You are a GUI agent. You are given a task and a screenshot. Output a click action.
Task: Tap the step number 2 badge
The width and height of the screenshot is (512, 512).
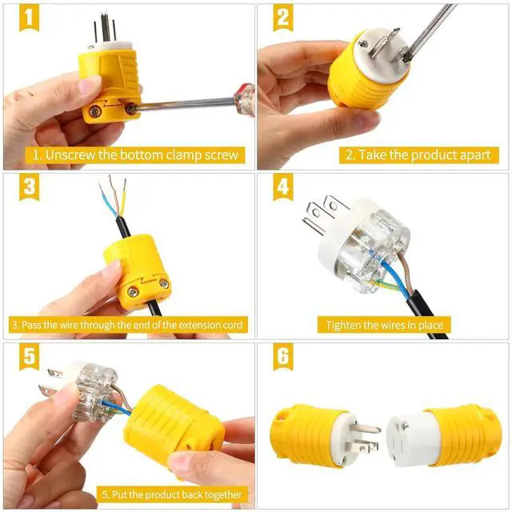tap(282, 18)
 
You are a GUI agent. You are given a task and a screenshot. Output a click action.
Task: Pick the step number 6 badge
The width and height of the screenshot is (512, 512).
tap(282, 358)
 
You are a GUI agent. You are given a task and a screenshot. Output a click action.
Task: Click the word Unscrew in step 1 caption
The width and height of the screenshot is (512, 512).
tap(68, 154)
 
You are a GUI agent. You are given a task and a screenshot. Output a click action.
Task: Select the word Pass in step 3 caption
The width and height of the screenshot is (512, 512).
tap(38, 325)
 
